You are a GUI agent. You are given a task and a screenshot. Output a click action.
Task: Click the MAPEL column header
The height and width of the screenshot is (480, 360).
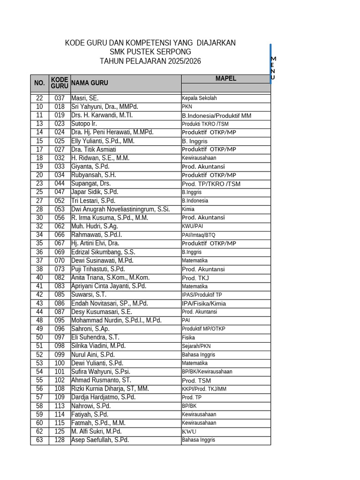(225, 79)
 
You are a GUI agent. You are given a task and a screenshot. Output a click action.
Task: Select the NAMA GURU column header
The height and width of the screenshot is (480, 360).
(89, 83)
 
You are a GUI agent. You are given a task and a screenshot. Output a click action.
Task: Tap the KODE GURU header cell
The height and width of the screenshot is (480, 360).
(60, 83)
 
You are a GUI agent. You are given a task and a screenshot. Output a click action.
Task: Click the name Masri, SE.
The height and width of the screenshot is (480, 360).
(85, 98)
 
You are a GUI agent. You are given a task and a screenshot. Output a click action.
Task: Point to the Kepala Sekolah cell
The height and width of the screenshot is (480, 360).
(199, 98)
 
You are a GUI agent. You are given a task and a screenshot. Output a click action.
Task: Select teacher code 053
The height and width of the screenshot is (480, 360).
(60, 209)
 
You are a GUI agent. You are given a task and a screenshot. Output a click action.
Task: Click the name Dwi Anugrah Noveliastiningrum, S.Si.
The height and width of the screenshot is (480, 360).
(120, 209)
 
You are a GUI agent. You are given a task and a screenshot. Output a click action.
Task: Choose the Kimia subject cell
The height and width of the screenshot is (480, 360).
(188, 210)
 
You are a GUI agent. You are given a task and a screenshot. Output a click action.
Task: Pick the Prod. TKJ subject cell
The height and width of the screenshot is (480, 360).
(195, 278)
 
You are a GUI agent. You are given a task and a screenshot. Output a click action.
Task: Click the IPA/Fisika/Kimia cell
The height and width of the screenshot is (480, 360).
(203, 304)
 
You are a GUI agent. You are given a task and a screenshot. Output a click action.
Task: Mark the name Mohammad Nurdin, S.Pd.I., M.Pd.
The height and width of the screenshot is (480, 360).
(116, 320)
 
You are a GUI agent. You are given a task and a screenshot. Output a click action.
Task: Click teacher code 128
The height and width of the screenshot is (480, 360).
(60, 440)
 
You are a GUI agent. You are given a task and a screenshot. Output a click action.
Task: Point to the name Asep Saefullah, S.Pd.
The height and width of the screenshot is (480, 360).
(100, 440)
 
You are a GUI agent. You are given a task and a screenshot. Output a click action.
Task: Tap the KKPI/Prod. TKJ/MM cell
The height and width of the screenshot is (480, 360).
(204, 389)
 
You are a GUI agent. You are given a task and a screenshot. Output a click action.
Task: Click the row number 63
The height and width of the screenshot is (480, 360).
(39, 440)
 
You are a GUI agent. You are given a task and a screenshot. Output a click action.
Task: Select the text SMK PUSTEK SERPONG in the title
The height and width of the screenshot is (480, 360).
(150, 52)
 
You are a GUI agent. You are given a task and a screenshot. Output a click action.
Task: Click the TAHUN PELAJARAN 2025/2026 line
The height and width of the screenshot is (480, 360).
(150, 61)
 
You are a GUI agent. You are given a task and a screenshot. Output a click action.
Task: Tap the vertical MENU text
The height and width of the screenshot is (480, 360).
(273, 68)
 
